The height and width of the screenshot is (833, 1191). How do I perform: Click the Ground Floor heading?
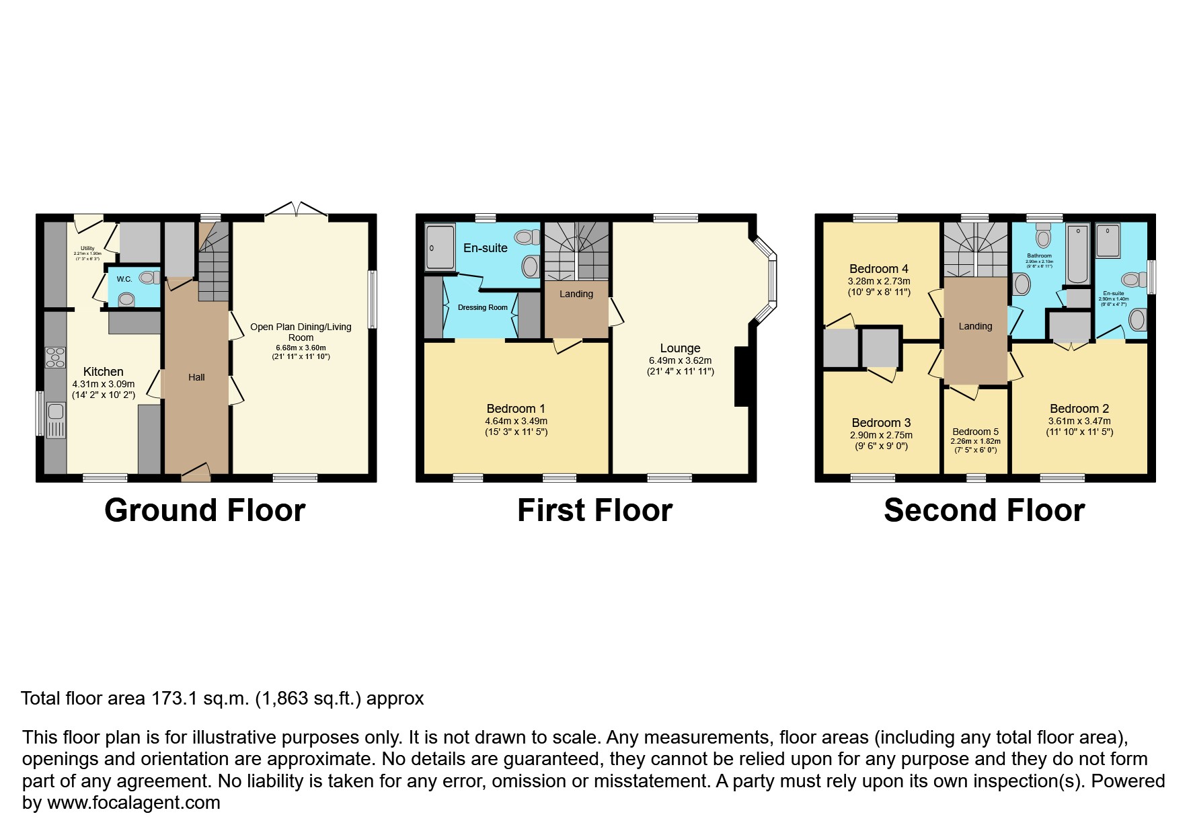(x=204, y=510)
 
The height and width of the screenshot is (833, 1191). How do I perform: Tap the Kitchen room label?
(x=103, y=372)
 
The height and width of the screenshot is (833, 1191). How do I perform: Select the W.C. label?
(x=124, y=279)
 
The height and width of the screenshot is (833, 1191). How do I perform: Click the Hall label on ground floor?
(x=196, y=377)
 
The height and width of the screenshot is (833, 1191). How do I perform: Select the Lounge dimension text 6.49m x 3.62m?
(x=680, y=361)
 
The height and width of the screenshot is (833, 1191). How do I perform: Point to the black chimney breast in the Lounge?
(x=741, y=376)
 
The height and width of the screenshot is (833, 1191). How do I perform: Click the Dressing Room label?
(x=482, y=307)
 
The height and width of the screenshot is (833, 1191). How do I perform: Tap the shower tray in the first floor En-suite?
(x=440, y=247)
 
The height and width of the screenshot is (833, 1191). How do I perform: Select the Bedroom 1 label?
(x=516, y=409)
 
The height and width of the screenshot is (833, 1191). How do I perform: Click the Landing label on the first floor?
(x=576, y=294)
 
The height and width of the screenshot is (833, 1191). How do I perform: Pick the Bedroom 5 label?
(x=975, y=432)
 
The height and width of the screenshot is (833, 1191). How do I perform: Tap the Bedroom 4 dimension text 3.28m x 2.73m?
(x=879, y=282)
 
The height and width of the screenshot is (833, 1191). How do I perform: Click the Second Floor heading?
(x=984, y=510)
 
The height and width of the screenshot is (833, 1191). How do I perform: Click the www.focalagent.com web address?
(x=133, y=803)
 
